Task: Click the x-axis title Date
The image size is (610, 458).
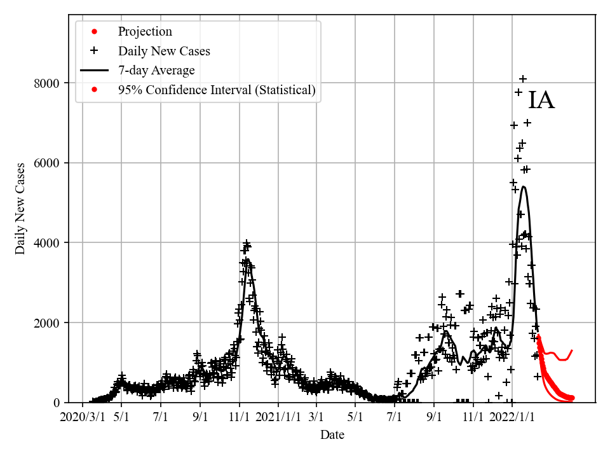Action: coord(332,435)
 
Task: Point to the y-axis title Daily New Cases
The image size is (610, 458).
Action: coord(20,209)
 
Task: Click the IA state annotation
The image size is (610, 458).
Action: coord(541,101)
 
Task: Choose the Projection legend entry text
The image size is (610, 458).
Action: coord(145,31)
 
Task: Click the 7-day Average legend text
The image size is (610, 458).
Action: coord(156,71)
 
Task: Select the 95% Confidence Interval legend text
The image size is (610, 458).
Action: coord(217,90)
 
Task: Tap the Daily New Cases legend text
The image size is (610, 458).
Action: coord(164,51)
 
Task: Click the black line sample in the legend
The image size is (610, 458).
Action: coord(94,71)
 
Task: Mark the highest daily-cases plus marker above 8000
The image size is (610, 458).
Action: coord(523,79)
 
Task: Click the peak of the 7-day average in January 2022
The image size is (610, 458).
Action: coord(524,186)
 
